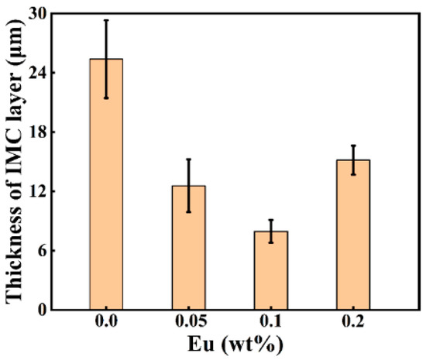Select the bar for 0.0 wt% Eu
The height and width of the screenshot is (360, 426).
(106, 186)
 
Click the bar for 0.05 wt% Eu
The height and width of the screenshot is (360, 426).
(188, 248)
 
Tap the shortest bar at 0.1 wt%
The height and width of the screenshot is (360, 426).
(271, 271)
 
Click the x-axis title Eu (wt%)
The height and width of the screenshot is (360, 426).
(229, 346)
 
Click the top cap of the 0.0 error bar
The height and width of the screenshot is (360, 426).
(106, 20)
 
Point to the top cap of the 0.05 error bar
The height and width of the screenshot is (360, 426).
(188, 159)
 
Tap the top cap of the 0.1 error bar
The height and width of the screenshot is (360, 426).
(271, 220)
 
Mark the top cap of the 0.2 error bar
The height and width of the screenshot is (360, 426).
(353, 146)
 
